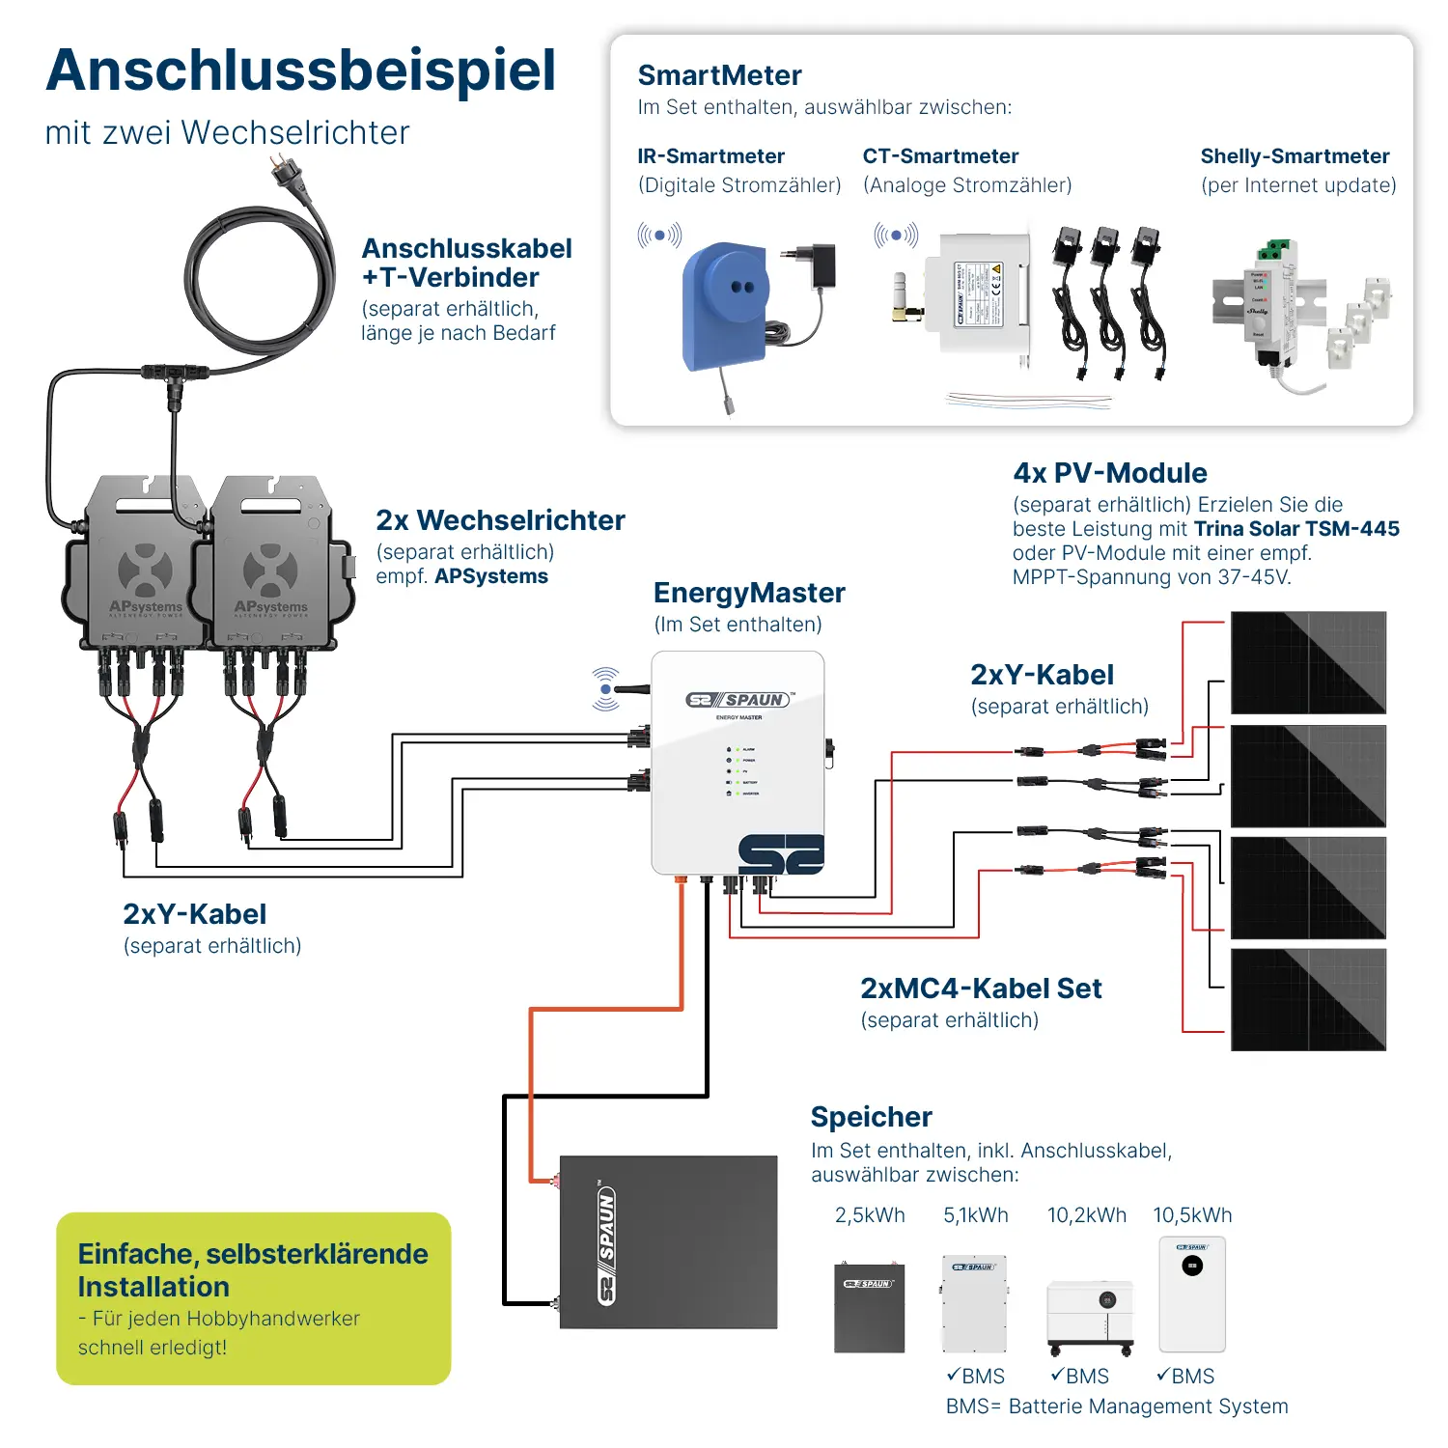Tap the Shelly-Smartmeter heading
coord(1295,156)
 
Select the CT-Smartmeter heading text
coord(940,156)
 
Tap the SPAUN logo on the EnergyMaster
coord(739,700)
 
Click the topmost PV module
coord(1308,662)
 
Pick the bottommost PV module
coord(1308,999)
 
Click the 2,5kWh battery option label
coord(870,1215)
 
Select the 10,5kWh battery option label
coord(1192,1215)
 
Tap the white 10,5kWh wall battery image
coord(1192,1294)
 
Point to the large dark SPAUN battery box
coord(668,1241)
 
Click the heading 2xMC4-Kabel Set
coord(981,989)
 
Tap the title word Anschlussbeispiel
coord(300,70)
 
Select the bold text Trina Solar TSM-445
coord(1296,529)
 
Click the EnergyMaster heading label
coord(749,593)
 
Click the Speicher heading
coord(871,1117)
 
